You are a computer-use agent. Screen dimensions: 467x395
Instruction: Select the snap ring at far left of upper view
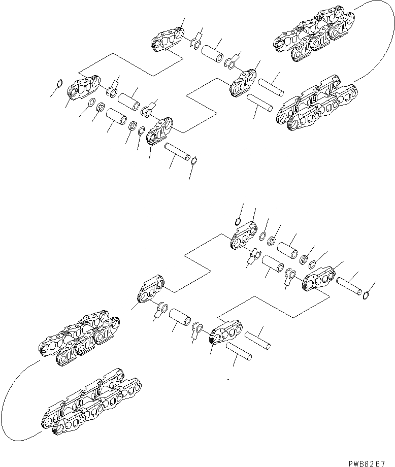59,85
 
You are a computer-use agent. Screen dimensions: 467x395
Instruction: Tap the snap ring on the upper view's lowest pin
193,161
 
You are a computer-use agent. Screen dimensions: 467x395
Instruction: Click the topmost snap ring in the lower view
239,221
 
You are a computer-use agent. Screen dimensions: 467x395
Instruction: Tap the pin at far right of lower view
348,285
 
